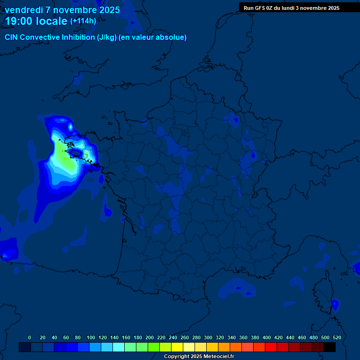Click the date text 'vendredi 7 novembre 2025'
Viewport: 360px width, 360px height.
62,10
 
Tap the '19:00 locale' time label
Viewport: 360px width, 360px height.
37,21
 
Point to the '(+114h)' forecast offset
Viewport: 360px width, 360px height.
83,21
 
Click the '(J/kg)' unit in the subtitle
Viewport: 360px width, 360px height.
107,37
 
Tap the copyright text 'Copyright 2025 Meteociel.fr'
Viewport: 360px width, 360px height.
199,357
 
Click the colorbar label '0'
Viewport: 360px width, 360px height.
30,337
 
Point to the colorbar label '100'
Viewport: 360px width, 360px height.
91,337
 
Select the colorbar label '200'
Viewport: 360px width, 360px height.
150,337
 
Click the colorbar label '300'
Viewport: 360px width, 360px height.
208,337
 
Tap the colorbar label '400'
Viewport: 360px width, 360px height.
267,337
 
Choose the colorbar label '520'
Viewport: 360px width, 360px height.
337,337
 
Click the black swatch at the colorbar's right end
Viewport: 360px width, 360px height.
330,347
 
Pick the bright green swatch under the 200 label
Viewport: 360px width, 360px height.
154,347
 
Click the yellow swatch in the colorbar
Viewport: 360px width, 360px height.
177,347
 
